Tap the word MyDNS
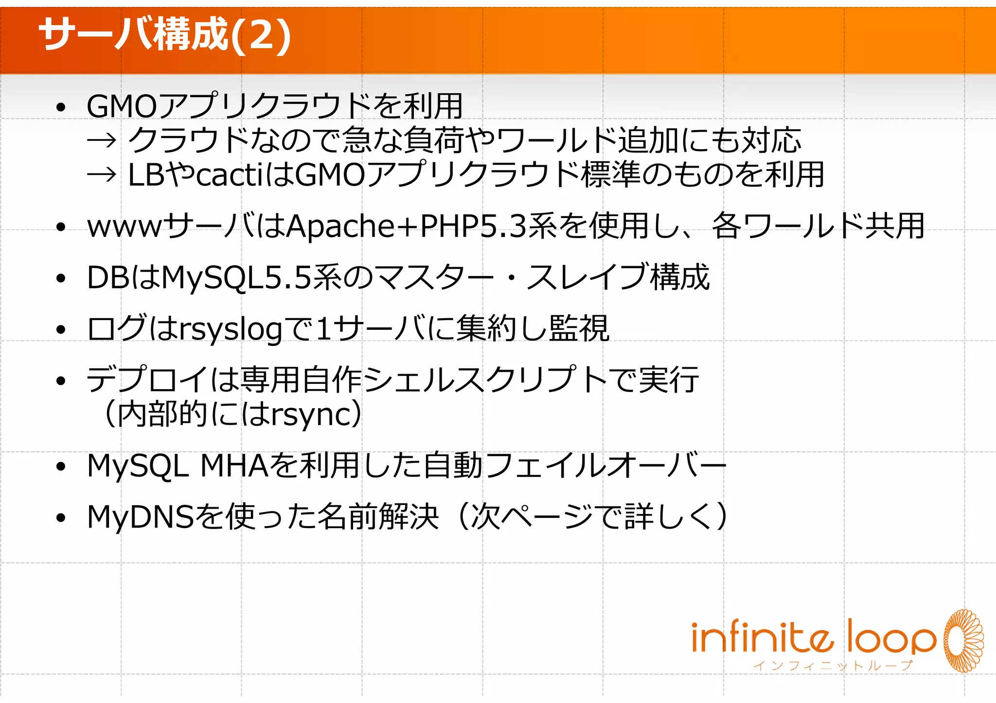(x=141, y=517)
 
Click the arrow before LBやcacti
(x=102, y=175)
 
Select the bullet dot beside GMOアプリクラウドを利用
(x=60, y=107)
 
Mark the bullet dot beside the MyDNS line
(x=60, y=518)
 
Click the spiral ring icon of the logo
(x=963, y=640)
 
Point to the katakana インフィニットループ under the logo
(x=833, y=666)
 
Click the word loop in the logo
(x=891, y=637)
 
